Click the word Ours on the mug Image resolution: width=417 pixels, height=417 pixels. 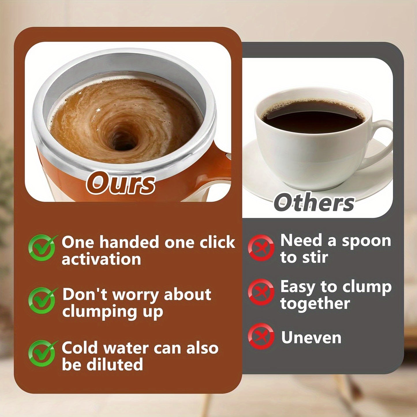pyautogui.click(x=121, y=183)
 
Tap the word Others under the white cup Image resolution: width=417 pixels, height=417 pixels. pyautogui.click(x=314, y=203)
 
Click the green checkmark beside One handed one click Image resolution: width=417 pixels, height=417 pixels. pyautogui.click(x=42, y=248)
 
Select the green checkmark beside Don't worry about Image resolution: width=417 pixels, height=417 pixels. pyautogui.click(x=42, y=300)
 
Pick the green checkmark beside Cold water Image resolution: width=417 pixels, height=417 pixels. pyautogui.click(x=42, y=353)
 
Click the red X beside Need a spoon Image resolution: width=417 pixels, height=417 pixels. pyautogui.click(x=261, y=248)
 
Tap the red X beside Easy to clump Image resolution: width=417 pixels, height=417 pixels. pyautogui.click(x=261, y=292)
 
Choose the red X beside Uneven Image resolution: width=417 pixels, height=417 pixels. pyautogui.click(x=261, y=336)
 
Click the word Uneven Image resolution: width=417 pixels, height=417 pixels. pyautogui.click(x=311, y=337)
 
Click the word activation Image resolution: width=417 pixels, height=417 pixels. pyautogui.click(x=101, y=259)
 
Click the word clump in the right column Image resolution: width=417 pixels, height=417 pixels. pyautogui.click(x=367, y=287)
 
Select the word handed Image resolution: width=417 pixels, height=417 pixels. pyautogui.click(x=129, y=242)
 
